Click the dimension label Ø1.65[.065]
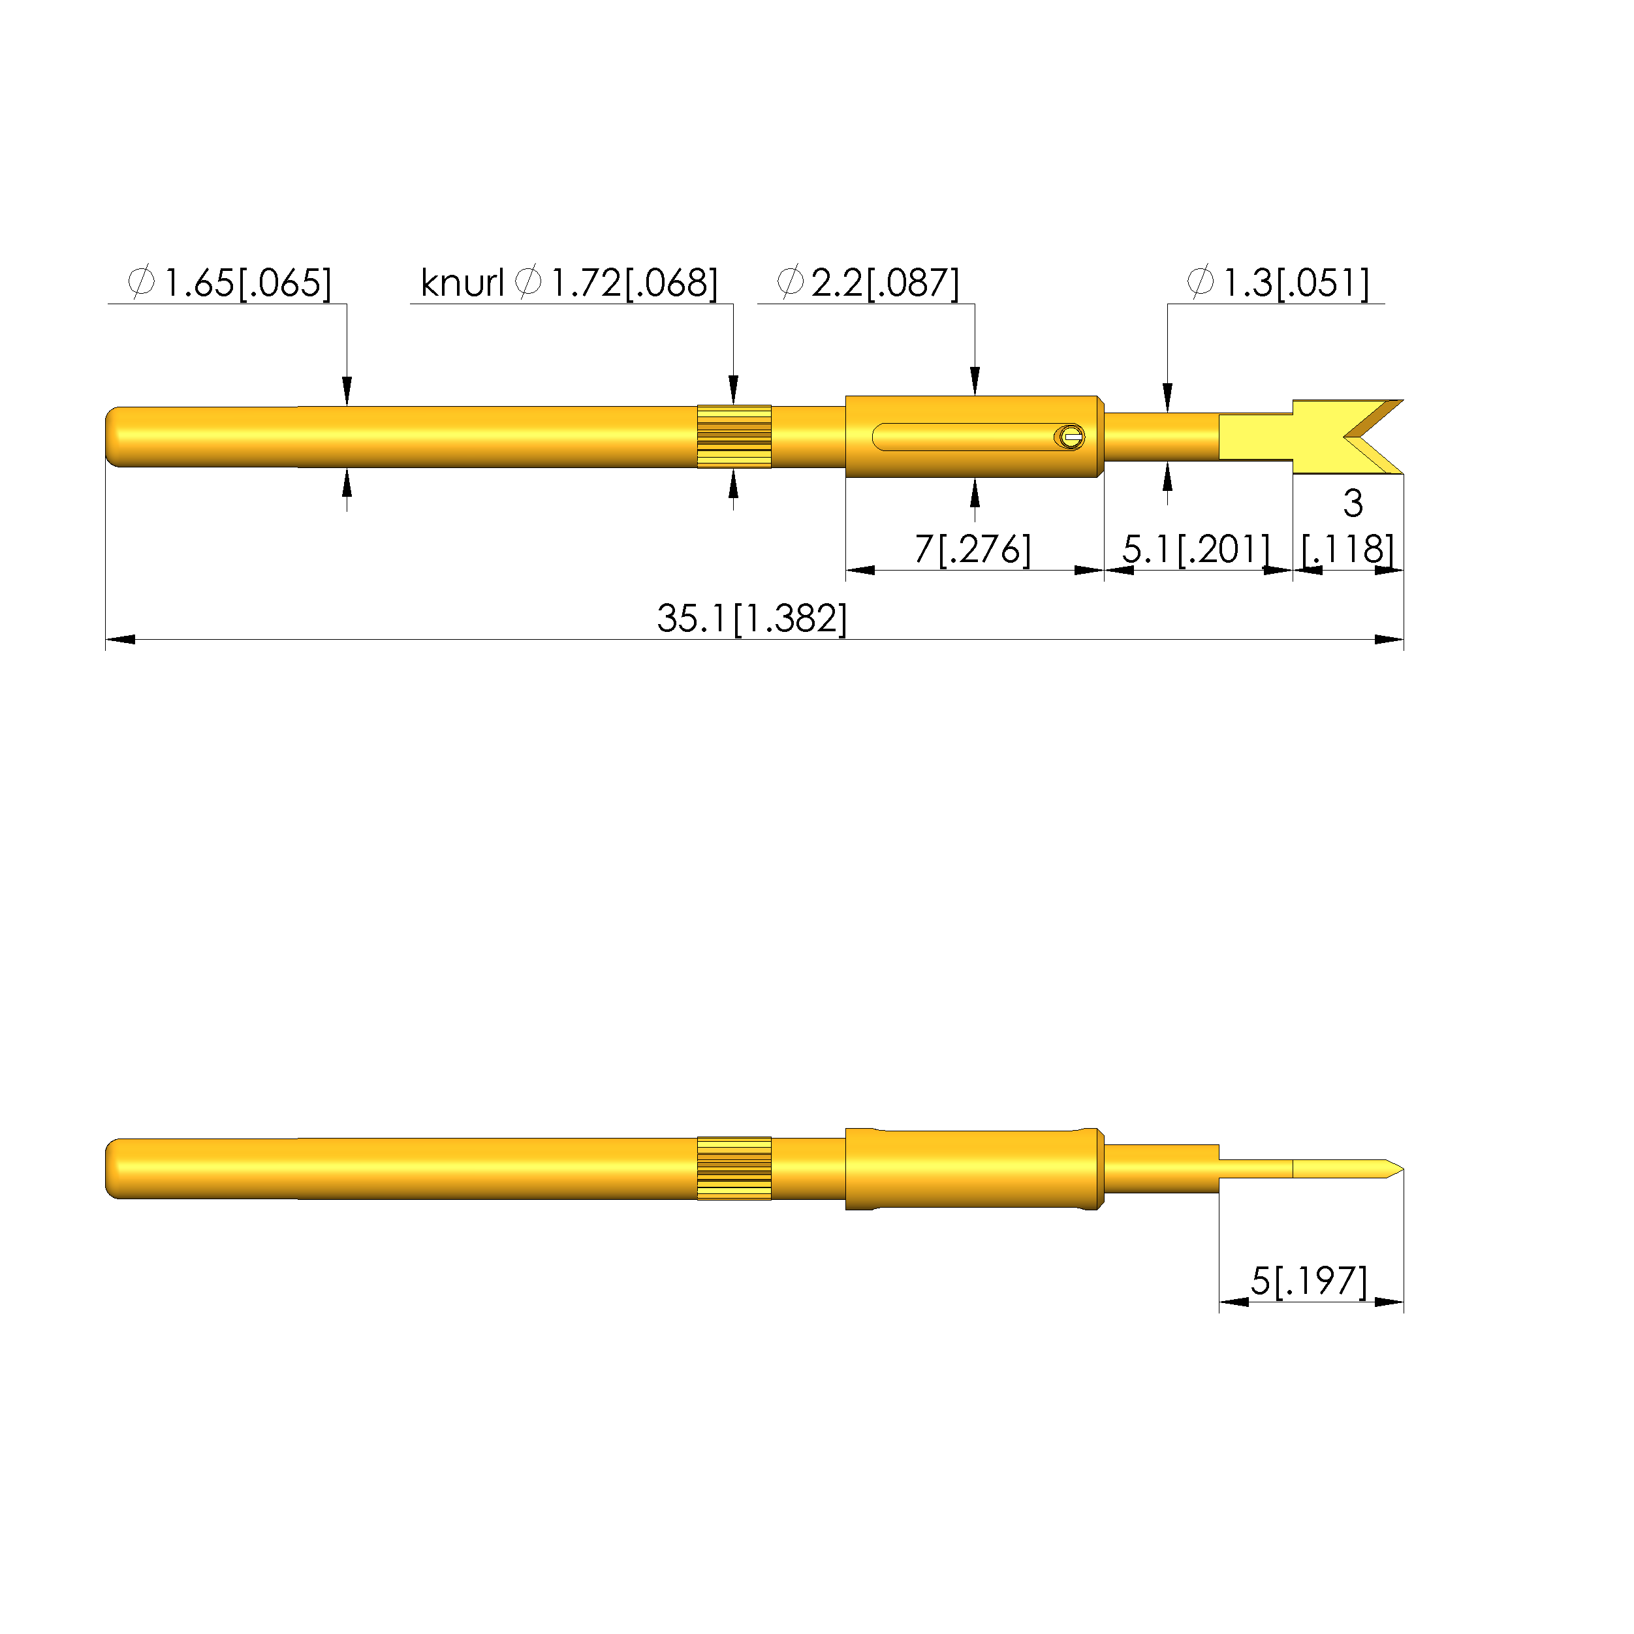pyautogui.click(x=229, y=283)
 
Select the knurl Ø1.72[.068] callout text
pyautogui.click(x=569, y=283)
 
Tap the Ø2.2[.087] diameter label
pyautogui.click(x=868, y=283)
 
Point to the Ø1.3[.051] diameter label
pyautogui.click(x=1278, y=283)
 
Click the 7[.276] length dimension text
pyautogui.click(x=973, y=549)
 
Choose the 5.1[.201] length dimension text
pyautogui.click(x=1196, y=549)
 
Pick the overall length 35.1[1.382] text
pyautogui.click(x=752, y=618)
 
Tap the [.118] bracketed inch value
pyautogui.click(x=1348, y=549)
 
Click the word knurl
pyautogui.click(x=462, y=283)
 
